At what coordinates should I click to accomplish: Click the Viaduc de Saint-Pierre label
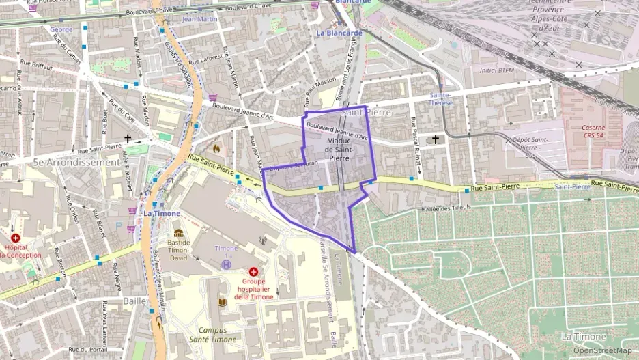click(x=339, y=150)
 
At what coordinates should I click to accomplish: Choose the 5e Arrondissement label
click(x=76, y=163)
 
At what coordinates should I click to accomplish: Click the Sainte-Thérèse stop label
click(x=440, y=99)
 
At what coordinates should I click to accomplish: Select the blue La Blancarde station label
click(x=339, y=33)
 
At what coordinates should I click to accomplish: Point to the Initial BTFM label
click(x=496, y=70)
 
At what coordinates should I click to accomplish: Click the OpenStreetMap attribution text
click(x=602, y=350)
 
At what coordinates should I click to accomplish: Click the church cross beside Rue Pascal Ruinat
click(x=436, y=140)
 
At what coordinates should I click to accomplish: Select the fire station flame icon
click(x=216, y=147)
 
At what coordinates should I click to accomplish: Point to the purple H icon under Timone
click(x=226, y=264)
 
